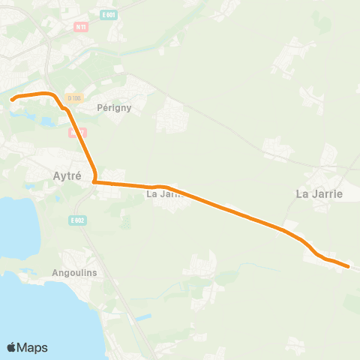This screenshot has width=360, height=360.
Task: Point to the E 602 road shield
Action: point(77,220)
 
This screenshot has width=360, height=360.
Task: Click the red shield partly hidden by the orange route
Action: point(74,131)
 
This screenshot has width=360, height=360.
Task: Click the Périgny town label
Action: point(114,107)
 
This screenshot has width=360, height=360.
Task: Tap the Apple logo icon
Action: point(11,347)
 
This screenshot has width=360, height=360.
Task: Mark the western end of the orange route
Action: point(11,98)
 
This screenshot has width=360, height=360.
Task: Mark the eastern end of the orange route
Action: point(349,265)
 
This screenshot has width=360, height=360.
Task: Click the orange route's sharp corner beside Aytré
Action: point(94,181)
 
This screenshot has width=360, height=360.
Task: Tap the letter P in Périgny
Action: point(100,107)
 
